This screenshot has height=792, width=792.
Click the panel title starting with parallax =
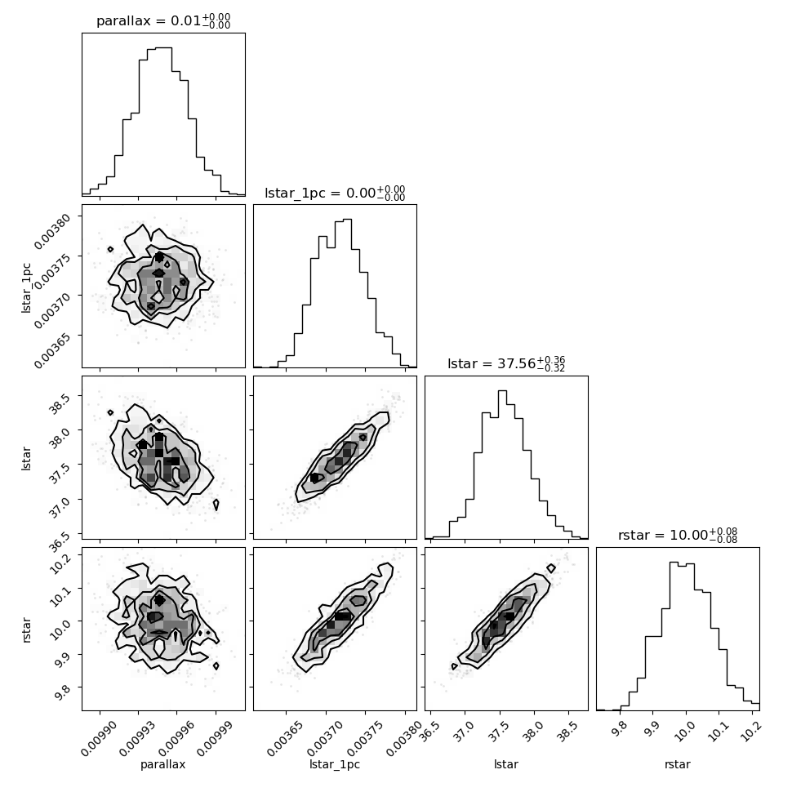click(163, 20)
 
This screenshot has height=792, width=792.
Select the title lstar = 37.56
click(506, 363)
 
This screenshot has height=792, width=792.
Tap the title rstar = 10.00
click(678, 535)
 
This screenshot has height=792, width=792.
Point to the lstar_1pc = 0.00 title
click(335, 193)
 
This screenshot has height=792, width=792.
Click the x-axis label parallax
click(163, 764)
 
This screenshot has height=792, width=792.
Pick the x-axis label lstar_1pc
click(335, 764)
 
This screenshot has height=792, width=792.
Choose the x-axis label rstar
click(678, 764)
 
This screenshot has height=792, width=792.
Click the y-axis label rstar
click(26, 630)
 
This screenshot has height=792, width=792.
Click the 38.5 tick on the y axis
click(59, 403)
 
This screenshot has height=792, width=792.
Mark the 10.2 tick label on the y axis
click(59, 563)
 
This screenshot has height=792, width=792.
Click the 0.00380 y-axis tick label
click(51, 230)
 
